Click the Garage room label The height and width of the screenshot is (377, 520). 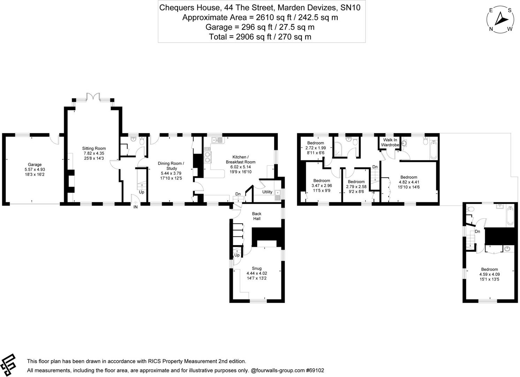click(x=35, y=164)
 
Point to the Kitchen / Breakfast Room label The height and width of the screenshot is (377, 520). click(x=240, y=160)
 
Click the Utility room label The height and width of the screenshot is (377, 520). click(x=267, y=192)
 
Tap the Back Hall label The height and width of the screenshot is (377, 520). click(x=257, y=216)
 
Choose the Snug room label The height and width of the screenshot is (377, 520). click(x=257, y=268)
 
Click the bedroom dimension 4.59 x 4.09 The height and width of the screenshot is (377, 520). click(x=489, y=274)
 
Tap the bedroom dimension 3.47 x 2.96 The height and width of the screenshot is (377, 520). click(x=321, y=186)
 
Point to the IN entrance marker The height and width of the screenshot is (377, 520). click(x=136, y=207)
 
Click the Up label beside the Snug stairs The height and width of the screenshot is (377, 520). click(x=237, y=255)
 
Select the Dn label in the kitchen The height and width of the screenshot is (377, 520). click(x=238, y=194)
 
